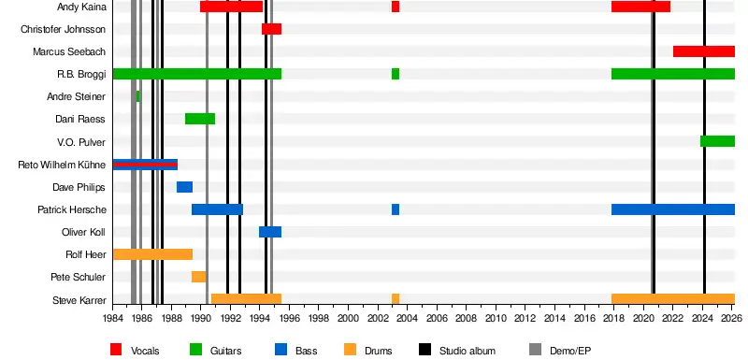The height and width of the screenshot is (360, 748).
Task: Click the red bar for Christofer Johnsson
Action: (x=271, y=29)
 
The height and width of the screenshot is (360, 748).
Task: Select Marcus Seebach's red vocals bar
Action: (x=704, y=51)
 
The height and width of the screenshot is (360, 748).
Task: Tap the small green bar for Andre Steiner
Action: (x=138, y=96)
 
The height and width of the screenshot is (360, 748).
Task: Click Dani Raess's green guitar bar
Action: (x=200, y=119)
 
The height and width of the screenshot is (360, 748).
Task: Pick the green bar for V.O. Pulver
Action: (x=717, y=141)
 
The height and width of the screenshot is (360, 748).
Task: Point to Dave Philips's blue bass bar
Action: (x=184, y=187)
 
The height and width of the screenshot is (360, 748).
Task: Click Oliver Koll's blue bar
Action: (x=270, y=232)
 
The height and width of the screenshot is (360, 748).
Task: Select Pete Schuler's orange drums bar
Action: (x=199, y=277)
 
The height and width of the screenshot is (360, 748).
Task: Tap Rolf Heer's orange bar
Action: (x=153, y=254)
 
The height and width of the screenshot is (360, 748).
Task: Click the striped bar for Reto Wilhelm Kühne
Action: (x=146, y=165)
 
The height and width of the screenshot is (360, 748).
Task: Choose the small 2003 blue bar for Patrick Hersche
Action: (x=396, y=209)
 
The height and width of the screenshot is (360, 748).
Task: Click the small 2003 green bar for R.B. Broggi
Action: (x=396, y=74)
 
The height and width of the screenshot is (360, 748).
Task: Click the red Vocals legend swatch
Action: (x=116, y=350)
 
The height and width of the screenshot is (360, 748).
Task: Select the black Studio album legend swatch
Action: (x=424, y=350)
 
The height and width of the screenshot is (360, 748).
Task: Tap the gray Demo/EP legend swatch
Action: (x=535, y=350)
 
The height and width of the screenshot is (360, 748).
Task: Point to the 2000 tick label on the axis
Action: (x=348, y=318)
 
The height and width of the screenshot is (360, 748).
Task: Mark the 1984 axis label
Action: (x=112, y=318)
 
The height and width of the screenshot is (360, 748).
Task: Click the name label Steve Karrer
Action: (x=79, y=300)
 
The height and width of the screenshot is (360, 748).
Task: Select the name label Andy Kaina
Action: (x=81, y=7)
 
